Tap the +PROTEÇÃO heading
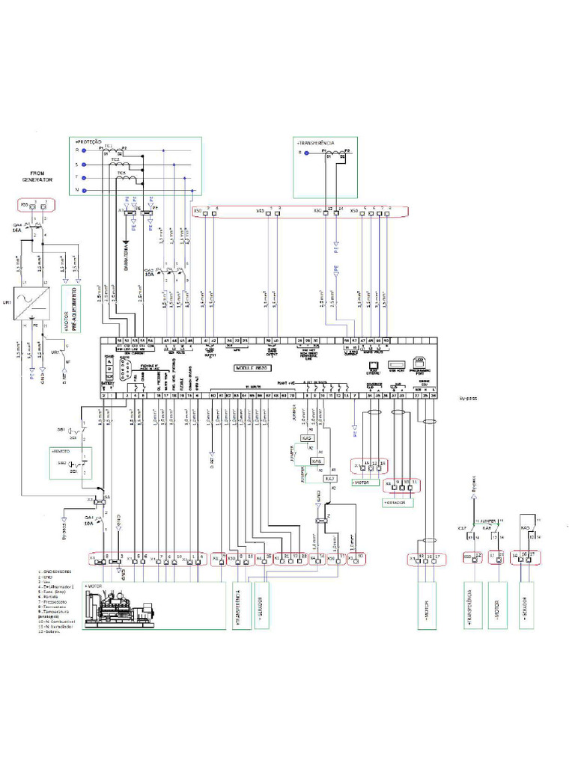click(88, 141)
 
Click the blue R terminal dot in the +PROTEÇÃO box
click(88, 150)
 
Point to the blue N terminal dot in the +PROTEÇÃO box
click(88, 191)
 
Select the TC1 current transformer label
click(109, 146)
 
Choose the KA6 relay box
click(317, 461)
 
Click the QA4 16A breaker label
click(16, 228)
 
